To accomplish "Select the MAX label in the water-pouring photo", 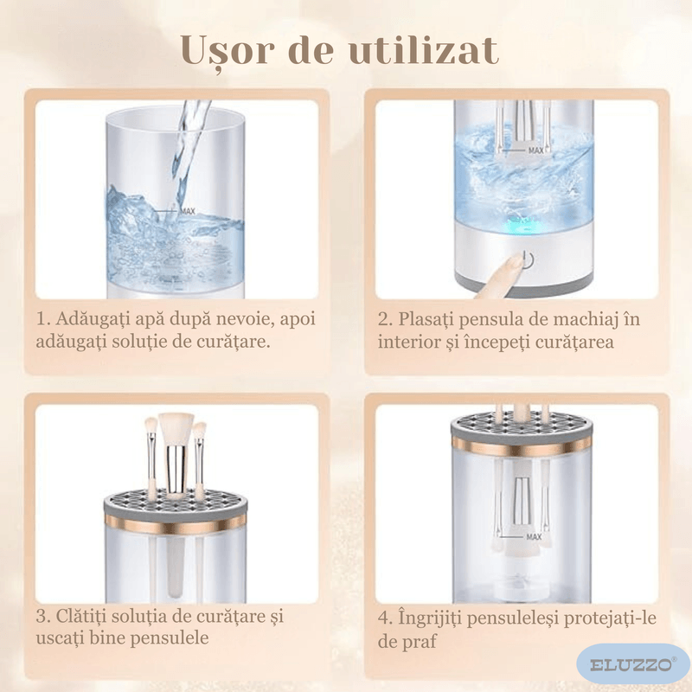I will pyautogui.click(x=187, y=210).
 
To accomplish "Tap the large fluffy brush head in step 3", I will pyautogui.click(x=176, y=427).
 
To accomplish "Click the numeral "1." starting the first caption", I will pyautogui.click(x=43, y=319).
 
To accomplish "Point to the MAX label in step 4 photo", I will pyautogui.click(x=533, y=537).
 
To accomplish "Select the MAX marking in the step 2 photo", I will pyautogui.click(x=535, y=151).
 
